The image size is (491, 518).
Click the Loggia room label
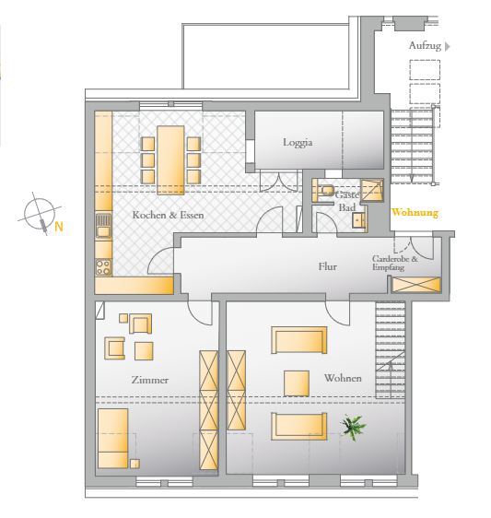tap(298, 143)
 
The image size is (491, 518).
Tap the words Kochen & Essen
tap(168, 215)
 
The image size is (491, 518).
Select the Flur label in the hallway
tap(328, 266)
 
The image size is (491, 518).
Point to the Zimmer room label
tap(150, 380)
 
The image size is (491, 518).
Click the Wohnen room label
tap(343, 378)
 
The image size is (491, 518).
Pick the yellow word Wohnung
tap(415, 212)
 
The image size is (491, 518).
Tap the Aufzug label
tap(425, 45)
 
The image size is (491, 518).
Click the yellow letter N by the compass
tap(59, 227)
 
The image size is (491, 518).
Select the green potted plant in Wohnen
tap(354, 427)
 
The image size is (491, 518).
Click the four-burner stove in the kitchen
tap(103, 267)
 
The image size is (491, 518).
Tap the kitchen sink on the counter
tap(103, 226)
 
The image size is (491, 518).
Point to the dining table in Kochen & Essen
tap(170, 160)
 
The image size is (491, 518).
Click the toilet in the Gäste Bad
tap(325, 191)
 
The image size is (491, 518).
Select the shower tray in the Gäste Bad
tap(372, 190)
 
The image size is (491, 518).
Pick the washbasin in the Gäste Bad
tap(358, 220)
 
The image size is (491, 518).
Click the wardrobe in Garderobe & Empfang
tap(416, 285)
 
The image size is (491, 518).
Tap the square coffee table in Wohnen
tap(297, 383)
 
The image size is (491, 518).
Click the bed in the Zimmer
tap(113, 439)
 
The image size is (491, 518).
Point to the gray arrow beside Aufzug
tap(448, 46)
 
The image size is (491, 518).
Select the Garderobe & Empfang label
tap(395, 263)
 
